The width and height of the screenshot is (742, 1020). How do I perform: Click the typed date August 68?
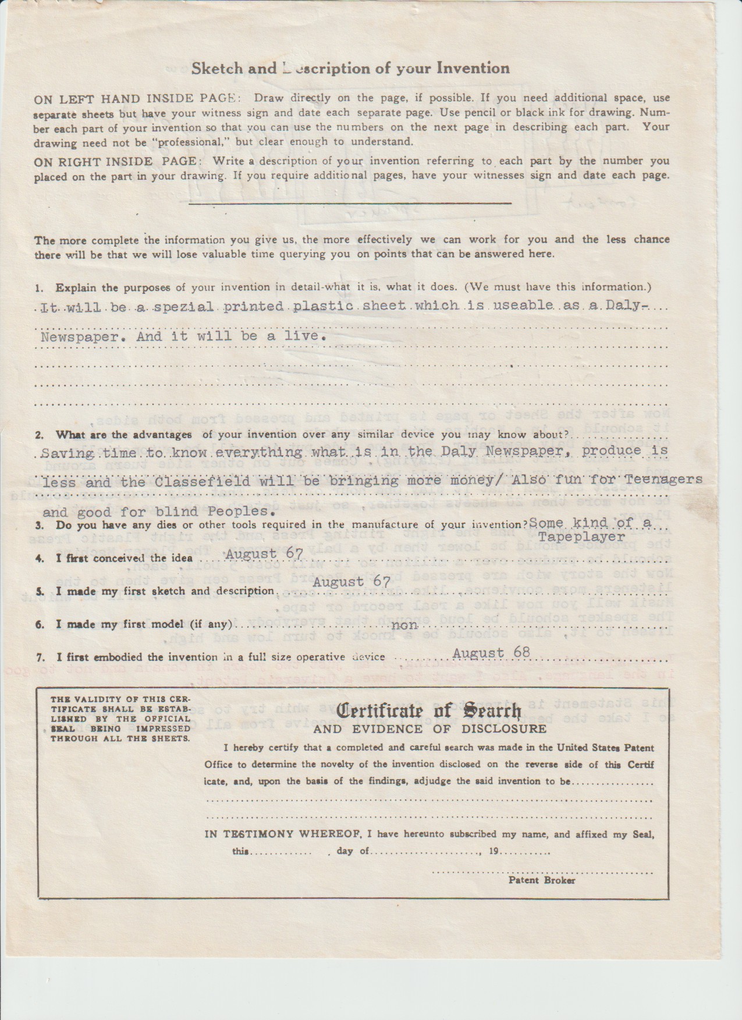point(491,652)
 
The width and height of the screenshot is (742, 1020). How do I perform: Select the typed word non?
point(406,625)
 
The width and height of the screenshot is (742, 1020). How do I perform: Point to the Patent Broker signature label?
point(542,880)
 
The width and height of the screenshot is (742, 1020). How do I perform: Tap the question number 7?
point(38,658)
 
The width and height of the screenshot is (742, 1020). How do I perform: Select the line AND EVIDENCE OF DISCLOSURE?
point(430,729)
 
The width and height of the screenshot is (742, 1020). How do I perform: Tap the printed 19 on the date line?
point(494,851)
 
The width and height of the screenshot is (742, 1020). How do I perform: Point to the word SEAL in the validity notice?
point(60,728)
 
